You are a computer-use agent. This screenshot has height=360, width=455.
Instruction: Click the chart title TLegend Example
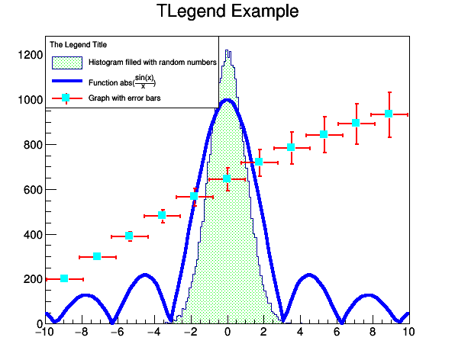(x=227, y=12)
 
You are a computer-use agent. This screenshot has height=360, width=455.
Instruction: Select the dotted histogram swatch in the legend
(x=66, y=62)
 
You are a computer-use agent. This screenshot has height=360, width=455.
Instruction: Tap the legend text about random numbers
(x=152, y=62)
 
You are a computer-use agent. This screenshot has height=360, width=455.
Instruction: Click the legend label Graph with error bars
(x=124, y=98)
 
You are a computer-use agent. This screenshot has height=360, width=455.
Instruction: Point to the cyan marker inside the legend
(x=66, y=98)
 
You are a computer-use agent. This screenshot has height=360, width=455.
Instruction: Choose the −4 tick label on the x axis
(x=154, y=333)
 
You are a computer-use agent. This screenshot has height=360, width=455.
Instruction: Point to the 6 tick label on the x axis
(x=336, y=333)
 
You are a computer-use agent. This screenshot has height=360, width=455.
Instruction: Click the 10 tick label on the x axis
(x=408, y=333)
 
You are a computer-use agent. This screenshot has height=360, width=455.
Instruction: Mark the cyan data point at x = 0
(x=227, y=178)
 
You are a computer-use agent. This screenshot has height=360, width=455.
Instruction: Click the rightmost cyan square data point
(x=389, y=114)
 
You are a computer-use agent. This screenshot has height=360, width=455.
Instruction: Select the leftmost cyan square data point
(x=64, y=278)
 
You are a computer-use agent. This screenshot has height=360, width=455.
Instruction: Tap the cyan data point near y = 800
(x=291, y=147)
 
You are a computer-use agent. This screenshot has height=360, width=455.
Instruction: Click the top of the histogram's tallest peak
(x=227, y=52)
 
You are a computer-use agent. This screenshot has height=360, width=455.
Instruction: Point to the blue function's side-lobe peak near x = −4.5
(x=145, y=275)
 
